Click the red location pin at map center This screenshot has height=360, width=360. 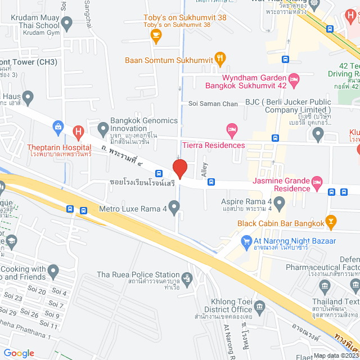coord(179,168)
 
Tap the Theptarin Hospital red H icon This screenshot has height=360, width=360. coord(78,133)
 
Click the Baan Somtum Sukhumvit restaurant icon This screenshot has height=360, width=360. coord(220,58)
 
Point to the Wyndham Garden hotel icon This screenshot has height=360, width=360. coord(292,78)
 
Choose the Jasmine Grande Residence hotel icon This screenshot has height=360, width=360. coord(317,181)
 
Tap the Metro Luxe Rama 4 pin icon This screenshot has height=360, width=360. coord(174,209)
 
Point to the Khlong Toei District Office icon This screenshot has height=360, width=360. coord(259,306)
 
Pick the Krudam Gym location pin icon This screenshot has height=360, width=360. coord(67,24)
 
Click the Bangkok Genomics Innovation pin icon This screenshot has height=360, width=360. coord(103,130)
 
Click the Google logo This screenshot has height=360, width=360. coord(19,353)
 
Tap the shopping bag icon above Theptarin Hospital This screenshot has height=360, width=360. coord(58,127)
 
